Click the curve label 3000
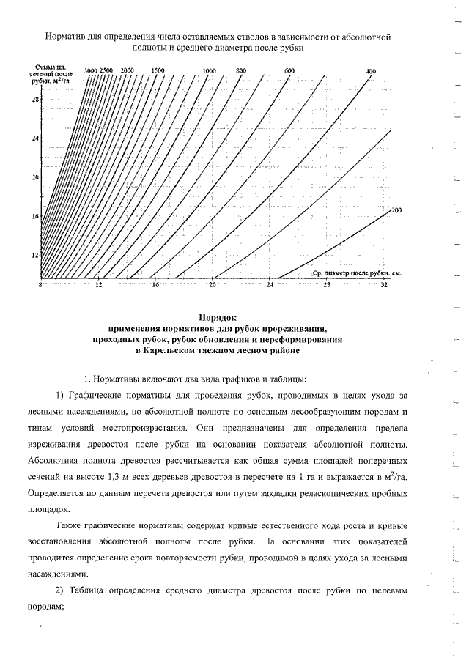coord(91,70)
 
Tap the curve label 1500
coord(158,70)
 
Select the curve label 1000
coord(210,70)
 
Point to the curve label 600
coord(289,70)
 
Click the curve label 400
coord(371,70)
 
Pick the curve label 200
coord(397,211)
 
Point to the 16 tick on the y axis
coord(34,216)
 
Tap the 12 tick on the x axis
coord(98,284)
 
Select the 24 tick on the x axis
coord(270,284)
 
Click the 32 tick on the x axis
coord(385,284)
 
